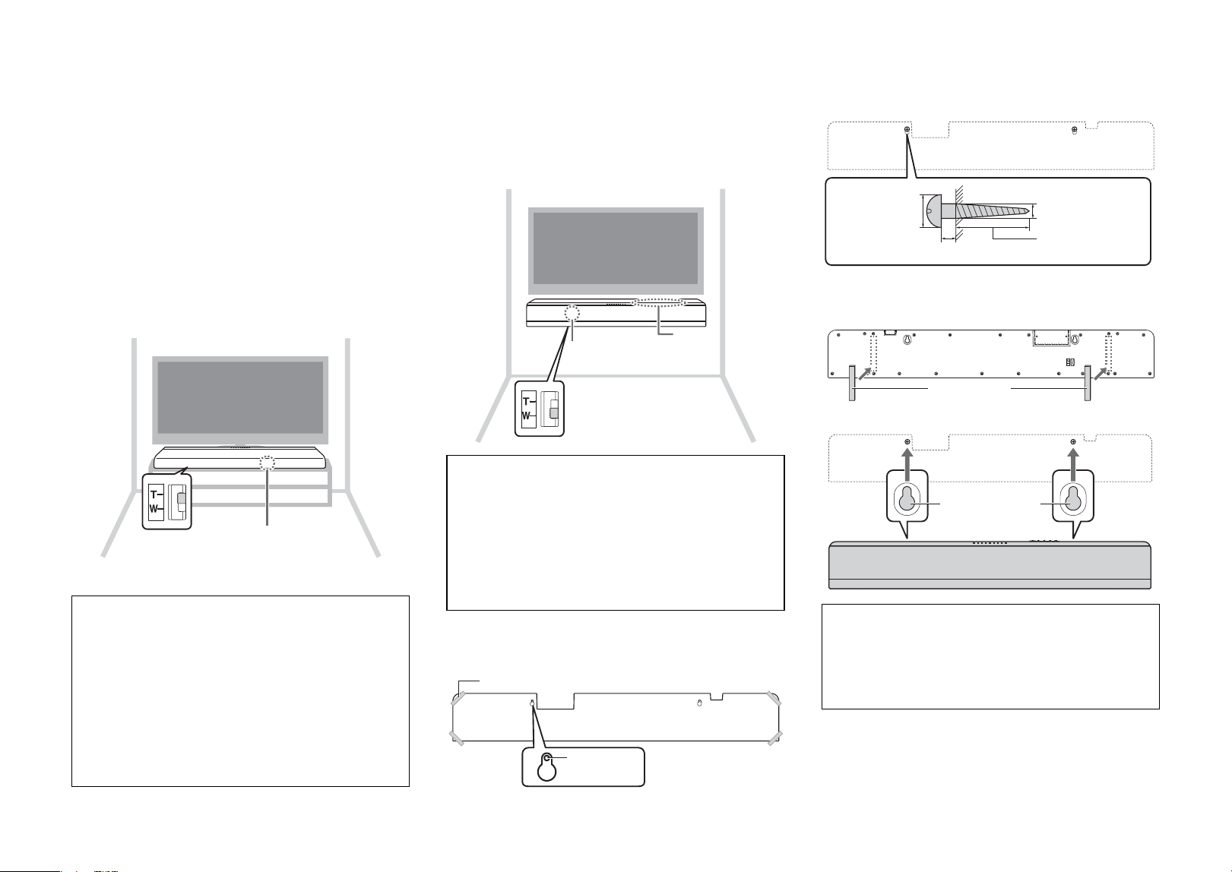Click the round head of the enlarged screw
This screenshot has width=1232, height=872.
tap(933, 210)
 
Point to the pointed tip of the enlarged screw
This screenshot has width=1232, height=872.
tap(1028, 210)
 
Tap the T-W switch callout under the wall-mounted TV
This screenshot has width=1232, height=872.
tap(540, 409)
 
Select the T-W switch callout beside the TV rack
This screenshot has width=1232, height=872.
tap(166, 501)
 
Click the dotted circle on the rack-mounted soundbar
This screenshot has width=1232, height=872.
tap(268, 463)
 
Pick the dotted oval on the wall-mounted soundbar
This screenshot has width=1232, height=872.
tap(659, 302)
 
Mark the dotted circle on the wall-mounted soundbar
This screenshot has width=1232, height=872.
tap(572, 314)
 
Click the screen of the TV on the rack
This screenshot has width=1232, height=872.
tap(240, 397)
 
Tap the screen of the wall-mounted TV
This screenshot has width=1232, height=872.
tap(616, 248)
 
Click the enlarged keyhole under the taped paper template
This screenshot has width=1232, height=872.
tap(546, 767)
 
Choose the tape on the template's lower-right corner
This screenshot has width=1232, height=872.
tap(774, 738)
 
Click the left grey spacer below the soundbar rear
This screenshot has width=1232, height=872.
tap(852, 384)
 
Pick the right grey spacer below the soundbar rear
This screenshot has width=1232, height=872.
tap(1088, 384)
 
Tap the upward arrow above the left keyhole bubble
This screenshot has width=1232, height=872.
tap(907, 459)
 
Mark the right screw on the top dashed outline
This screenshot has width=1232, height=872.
tap(1074, 131)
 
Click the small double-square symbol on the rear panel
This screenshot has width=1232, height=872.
tap(1070, 362)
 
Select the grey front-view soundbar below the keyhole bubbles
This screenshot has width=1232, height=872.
tap(990, 565)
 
